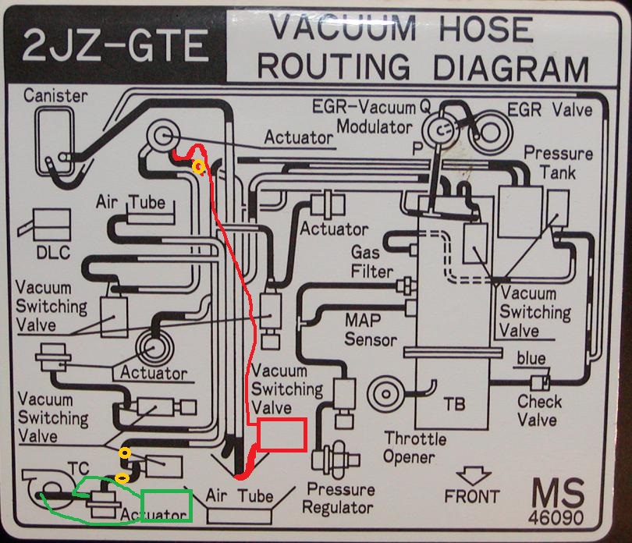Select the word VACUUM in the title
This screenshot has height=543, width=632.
(343, 28)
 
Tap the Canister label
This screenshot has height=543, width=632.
(55, 96)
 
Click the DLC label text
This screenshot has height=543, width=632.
(53, 253)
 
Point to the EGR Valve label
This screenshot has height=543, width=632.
(550, 110)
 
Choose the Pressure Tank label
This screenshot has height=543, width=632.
(558, 163)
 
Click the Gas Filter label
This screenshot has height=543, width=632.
(371, 261)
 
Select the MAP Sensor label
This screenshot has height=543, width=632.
(371, 330)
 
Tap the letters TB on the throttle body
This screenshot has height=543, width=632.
(454, 404)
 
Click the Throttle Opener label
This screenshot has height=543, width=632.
(415, 448)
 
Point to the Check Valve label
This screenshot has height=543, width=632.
(539, 410)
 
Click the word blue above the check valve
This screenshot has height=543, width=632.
(531, 358)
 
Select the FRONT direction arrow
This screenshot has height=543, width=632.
(473, 476)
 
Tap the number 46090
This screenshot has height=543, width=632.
(556, 517)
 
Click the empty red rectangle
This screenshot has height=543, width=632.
(282, 435)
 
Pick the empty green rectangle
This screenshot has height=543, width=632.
(166, 506)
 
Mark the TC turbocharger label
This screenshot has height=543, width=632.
(78, 468)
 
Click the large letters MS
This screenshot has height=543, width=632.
(558, 493)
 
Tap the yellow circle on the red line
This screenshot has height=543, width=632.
(198, 166)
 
